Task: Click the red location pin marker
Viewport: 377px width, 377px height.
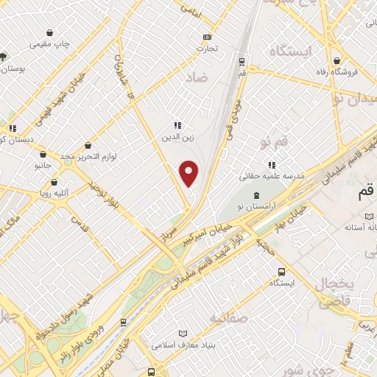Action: tap(189, 173)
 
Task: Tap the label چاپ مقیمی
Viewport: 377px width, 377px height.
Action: tap(49, 44)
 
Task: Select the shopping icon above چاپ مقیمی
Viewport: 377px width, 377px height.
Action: tap(49, 32)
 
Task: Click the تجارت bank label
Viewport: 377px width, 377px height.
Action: tap(207, 49)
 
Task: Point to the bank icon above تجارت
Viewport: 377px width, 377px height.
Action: tap(207, 37)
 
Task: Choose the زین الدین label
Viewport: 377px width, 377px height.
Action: tap(177, 136)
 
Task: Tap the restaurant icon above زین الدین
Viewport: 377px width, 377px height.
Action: tap(177, 125)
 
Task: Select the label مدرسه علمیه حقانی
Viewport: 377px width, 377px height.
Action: tap(272, 177)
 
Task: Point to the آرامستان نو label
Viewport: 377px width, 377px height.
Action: tap(256, 205)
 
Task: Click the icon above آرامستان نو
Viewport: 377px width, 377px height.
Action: tap(256, 194)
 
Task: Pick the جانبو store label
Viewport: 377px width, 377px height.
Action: tap(43, 166)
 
